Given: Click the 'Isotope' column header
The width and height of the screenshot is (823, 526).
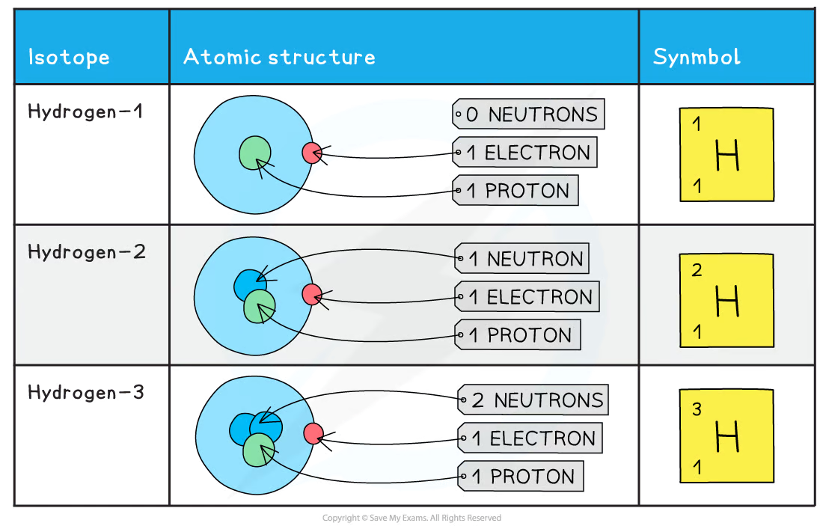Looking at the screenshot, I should point(68,57).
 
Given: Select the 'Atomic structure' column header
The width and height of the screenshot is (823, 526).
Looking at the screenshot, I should point(278,57).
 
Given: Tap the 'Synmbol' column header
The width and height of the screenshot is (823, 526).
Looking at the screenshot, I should point(697,57).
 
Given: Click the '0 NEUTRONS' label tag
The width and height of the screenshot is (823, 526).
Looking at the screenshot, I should point(529,114).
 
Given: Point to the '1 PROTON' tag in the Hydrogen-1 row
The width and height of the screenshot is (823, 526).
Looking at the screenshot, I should point(517,191).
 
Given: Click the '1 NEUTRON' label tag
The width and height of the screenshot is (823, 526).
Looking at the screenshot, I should point(523,259).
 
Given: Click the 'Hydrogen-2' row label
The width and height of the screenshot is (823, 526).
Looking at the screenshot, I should point(86,251).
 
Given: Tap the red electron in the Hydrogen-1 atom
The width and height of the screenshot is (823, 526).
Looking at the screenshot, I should point(311,153).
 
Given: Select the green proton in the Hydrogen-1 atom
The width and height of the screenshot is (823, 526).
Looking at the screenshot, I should point(254,153).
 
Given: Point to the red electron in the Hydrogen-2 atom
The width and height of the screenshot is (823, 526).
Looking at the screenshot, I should point(311,295).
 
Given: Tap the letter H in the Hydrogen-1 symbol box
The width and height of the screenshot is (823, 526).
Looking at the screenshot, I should point(727,156).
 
